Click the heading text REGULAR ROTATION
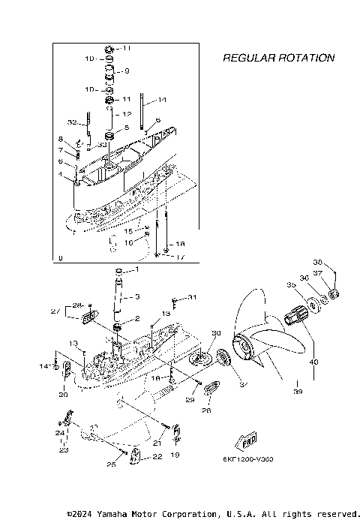pos(278,58)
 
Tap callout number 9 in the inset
pos(127,72)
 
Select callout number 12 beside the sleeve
pos(127,114)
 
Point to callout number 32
pos(73,122)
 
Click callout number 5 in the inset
pos(127,128)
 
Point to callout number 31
pos(192,298)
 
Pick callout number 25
pos(111,465)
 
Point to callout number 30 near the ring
pos(217,333)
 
